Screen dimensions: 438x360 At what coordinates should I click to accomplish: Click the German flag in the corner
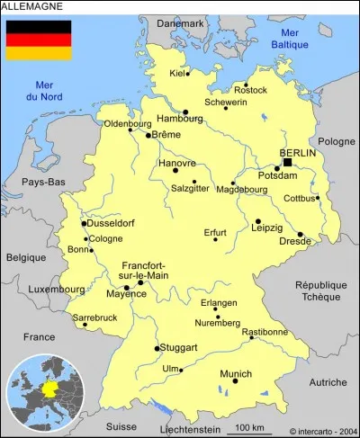(x=39, y=40)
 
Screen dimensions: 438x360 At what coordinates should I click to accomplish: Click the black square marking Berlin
(x=288, y=163)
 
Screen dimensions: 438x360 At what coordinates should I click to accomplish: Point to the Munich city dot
(x=236, y=380)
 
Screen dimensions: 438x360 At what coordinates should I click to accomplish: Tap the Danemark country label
(x=180, y=23)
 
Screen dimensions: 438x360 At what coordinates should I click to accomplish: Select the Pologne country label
(x=337, y=141)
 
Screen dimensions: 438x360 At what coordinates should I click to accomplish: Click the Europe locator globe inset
(x=42, y=394)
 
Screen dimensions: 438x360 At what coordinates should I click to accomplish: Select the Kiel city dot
(x=188, y=75)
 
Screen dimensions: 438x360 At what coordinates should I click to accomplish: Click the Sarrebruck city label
(x=94, y=317)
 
